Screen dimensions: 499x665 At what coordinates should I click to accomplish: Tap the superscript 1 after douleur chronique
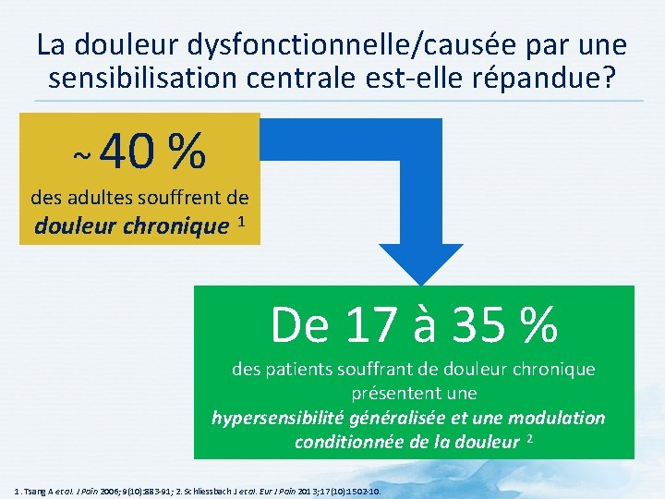pyautogui.click(x=241, y=222)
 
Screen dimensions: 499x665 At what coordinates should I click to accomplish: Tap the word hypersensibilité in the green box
pyautogui.click(x=278, y=418)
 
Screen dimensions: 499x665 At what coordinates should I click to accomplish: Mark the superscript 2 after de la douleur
pyautogui.click(x=530, y=438)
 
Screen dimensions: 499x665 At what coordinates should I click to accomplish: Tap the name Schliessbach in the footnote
pyautogui.click(x=265, y=490)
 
